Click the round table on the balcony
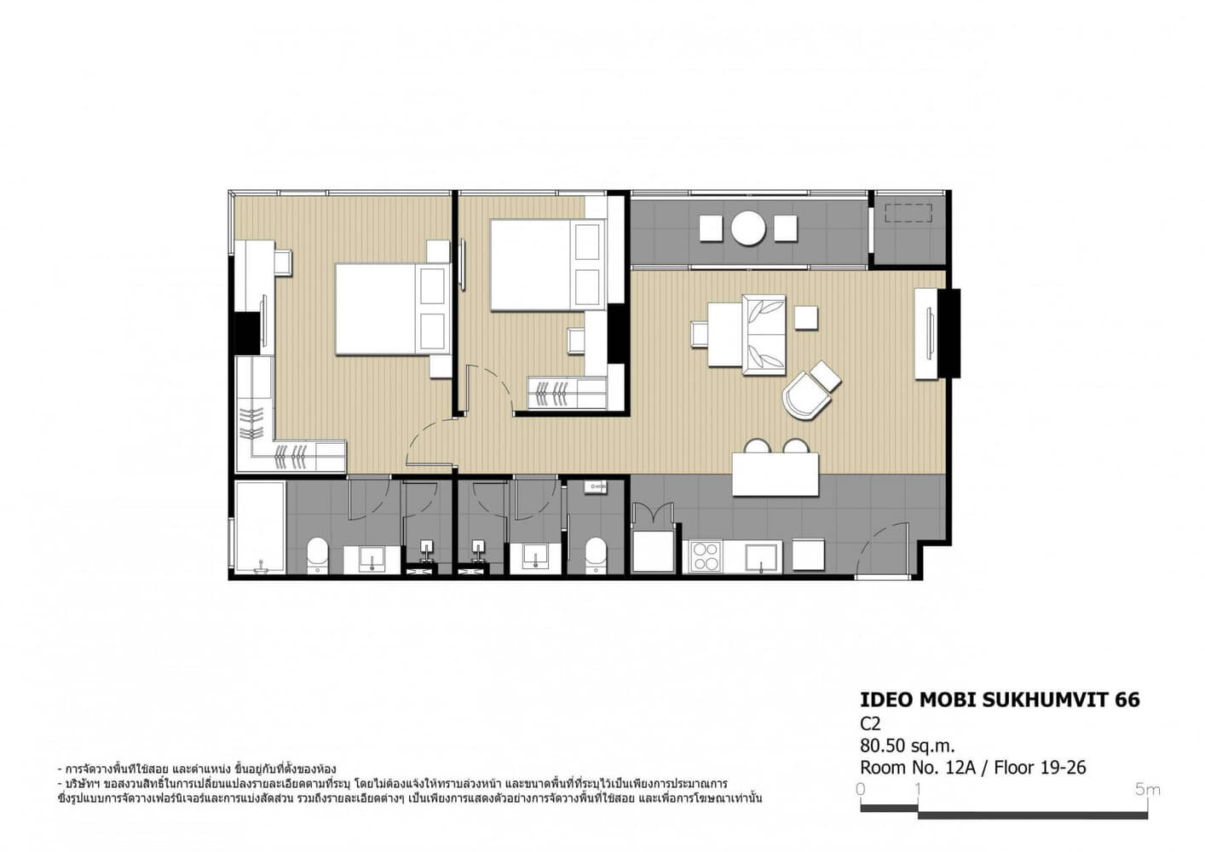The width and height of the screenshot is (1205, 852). [x=747, y=228]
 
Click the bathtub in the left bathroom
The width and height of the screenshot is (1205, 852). [x=261, y=527]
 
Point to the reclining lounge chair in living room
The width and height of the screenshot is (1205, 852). [x=810, y=392]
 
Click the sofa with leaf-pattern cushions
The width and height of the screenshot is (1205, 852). [x=764, y=334]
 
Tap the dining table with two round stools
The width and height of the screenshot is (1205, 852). [x=775, y=474]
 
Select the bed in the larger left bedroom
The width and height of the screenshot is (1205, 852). [x=393, y=308]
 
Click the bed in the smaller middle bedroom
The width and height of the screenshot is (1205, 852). [x=548, y=265]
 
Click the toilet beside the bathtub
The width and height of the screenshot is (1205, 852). [x=317, y=554]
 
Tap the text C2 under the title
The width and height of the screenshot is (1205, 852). [x=870, y=724]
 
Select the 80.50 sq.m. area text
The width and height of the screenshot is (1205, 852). [x=908, y=745]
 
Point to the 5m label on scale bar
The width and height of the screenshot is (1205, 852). [x=1147, y=790]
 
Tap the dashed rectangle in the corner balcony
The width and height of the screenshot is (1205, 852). [x=908, y=213]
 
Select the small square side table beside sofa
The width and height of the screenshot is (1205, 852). [x=806, y=317]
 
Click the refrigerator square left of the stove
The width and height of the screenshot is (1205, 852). [x=653, y=551]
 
